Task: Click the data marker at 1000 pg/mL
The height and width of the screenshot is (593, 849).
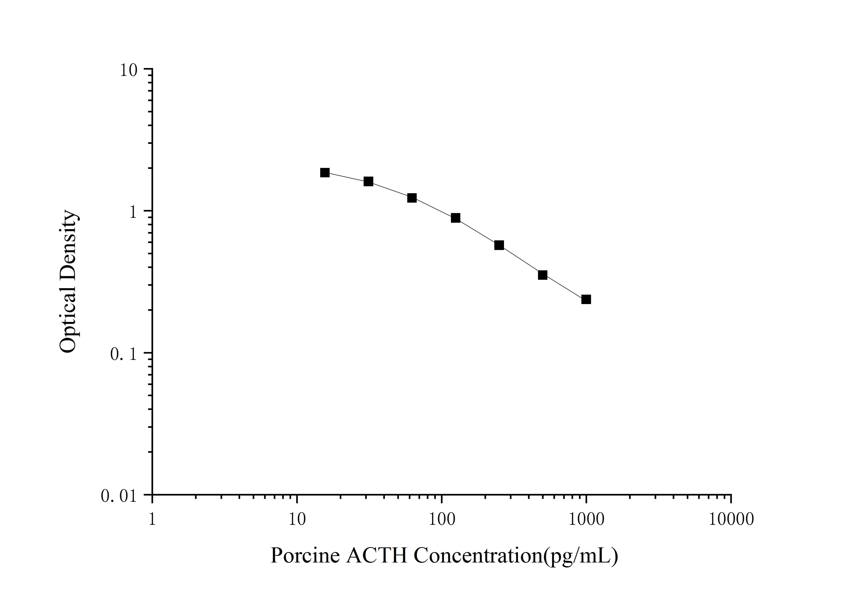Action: click(586, 299)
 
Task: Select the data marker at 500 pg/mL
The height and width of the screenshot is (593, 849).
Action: click(542, 275)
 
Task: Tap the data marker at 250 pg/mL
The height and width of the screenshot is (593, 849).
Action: click(499, 245)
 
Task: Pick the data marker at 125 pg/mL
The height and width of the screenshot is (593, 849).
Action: click(456, 218)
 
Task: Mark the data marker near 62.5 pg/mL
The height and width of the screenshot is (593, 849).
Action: click(412, 198)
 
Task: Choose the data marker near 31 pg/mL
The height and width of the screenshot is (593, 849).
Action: click(368, 181)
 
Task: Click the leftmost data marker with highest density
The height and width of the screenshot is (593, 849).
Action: click(325, 172)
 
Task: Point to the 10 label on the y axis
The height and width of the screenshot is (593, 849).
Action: click(128, 70)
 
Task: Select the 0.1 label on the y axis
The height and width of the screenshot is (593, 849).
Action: click(124, 354)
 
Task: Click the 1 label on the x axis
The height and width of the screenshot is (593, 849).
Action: click(152, 519)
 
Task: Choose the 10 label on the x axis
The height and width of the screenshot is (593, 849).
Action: click(297, 519)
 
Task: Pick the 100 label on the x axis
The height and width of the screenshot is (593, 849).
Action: click(441, 519)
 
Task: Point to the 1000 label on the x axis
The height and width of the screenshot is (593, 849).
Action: click(586, 519)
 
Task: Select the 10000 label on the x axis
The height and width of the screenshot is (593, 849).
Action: click(731, 519)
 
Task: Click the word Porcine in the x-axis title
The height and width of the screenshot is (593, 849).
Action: click(305, 555)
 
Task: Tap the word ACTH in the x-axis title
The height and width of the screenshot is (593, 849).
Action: click(377, 555)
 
